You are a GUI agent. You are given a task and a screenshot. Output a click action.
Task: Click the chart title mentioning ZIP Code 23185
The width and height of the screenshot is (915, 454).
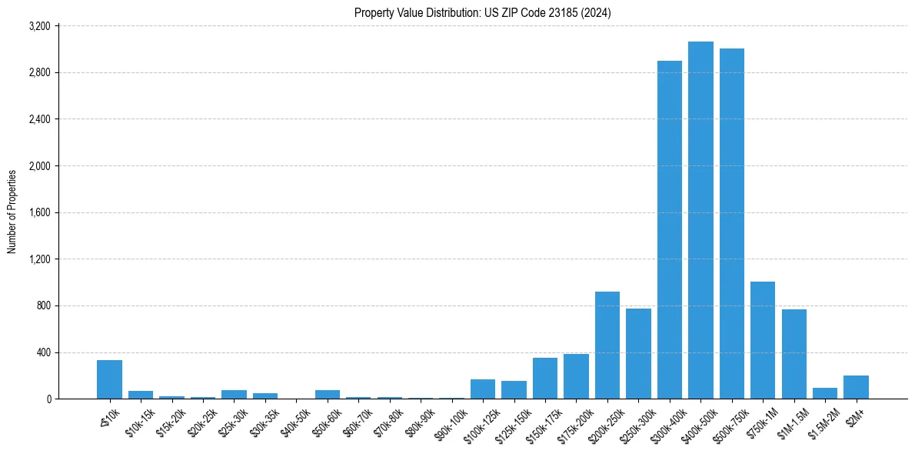[x=482, y=13]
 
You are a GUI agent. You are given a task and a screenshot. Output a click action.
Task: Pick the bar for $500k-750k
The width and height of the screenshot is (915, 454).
[x=731, y=223]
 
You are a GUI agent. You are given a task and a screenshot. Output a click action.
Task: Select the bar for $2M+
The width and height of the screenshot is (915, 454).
[x=856, y=387]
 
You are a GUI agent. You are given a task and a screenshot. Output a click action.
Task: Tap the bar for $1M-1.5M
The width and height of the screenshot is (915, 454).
[x=794, y=354]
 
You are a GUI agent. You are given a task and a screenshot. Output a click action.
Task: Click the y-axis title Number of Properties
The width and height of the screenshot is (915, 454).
[x=12, y=212]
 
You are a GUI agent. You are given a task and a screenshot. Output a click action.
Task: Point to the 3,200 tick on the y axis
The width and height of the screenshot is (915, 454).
[x=39, y=26]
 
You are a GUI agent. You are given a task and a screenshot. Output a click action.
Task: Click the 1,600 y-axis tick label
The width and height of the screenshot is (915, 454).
[x=39, y=212]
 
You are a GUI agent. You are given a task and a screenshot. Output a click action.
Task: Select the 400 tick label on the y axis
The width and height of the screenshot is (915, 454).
[x=43, y=352]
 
